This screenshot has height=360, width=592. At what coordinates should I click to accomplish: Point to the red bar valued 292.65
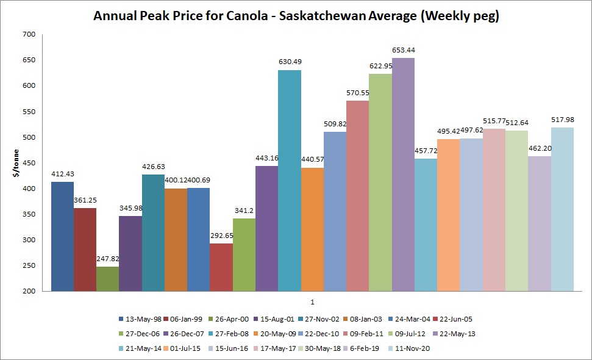coord(221,268)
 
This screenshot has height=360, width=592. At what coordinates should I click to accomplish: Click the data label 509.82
coord(335,124)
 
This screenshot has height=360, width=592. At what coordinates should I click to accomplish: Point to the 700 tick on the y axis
coord(29,34)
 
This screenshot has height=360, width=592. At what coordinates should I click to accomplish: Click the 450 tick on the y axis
coord(29,163)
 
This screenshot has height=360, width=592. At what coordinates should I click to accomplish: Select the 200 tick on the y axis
coord(29,292)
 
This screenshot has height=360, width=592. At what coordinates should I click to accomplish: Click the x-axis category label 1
coord(312,302)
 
